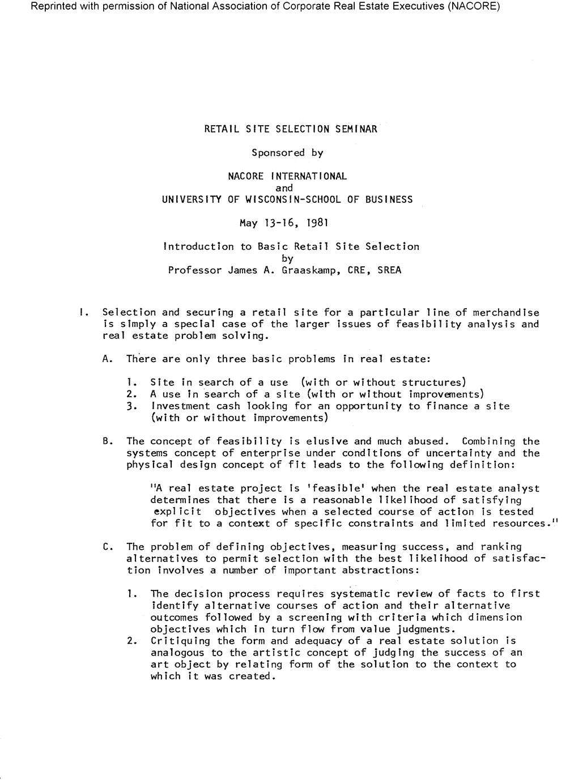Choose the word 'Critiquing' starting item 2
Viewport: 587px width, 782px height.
[180, 640]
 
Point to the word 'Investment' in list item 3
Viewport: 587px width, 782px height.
[180, 406]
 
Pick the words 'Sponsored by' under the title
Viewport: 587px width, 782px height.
[287, 152]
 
